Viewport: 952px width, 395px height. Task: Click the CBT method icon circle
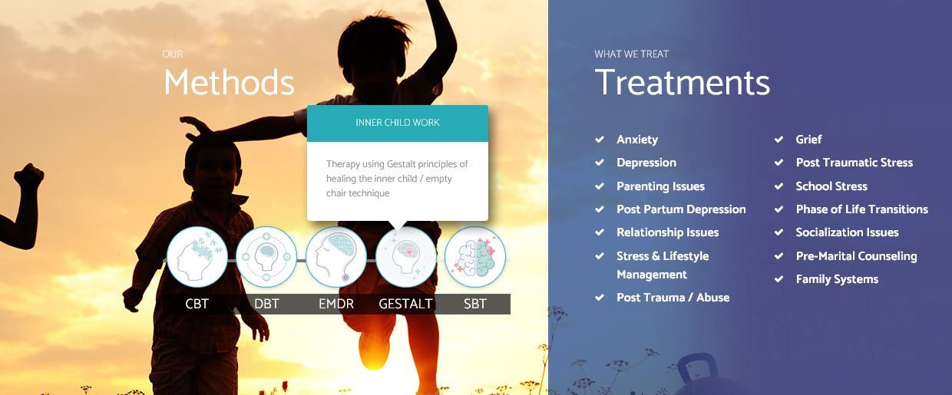tap(197, 256)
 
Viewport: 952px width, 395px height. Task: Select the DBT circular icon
tap(266, 256)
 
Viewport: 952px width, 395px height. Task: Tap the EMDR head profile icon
tap(336, 256)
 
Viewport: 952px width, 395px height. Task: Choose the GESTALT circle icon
tap(406, 256)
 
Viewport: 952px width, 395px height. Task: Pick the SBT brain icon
tap(475, 256)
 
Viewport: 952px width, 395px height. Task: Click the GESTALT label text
tap(405, 304)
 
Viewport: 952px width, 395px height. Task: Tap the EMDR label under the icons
tap(336, 304)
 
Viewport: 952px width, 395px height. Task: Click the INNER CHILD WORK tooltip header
tap(398, 123)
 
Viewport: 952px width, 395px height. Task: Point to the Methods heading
tap(229, 82)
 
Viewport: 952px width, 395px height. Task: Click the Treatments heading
tap(682, 82)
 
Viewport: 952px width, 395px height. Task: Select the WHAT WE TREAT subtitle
tap(632, 54)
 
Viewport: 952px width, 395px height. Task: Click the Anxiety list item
tap(637, 140)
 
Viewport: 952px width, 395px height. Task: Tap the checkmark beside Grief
tap(778, 140)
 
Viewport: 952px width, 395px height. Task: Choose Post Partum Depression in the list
tap(681, 209)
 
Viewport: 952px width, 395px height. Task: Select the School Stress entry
tap(831, 186)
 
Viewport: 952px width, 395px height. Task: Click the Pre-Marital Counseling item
tap(856, 256)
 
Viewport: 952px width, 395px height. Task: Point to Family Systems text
tap(837, 279)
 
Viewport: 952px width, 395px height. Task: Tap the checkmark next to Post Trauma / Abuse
tap(600, 298)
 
